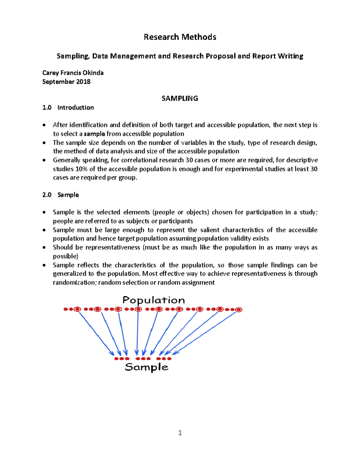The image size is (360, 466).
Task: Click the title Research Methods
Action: click(x=180, y=37)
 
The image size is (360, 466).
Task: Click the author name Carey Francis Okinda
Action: click(x=73, y=73)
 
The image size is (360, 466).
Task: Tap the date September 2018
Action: click(x=66, y=82)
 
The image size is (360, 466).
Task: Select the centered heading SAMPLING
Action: click(x=180, y=98)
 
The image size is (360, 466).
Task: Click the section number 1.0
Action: click(x=47, y=107)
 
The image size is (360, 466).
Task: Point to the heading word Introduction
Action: click(x=76, y=107)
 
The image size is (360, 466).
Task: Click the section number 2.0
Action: click(x=47, y=195)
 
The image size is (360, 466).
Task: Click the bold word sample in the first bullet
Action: click(x=94, y=134)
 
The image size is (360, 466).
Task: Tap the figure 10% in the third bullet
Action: click(x=81, y=169)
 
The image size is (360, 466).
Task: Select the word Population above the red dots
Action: click(x=154, y=300)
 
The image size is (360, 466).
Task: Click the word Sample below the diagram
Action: click(x=146, y=367)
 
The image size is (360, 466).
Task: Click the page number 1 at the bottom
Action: click(x=180, y=433)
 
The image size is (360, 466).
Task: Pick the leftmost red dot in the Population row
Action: click(x=65, y=309)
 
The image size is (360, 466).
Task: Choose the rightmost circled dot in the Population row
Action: click(x=239, y=310)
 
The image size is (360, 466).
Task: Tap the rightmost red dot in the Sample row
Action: click(x=169, y=359)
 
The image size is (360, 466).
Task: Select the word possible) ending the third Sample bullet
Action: click(x=65, y=256)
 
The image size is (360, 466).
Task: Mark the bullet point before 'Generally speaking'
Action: click(x=44, y=160)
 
